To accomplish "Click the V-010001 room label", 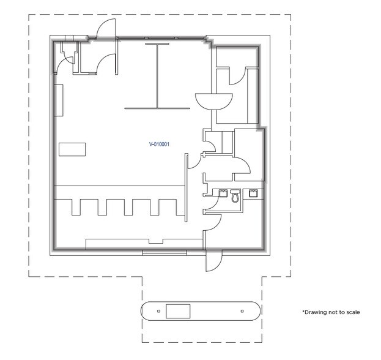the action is tap(159, 144).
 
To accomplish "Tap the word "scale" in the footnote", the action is tap(353, 312).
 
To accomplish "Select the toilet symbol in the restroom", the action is tap(235, 196).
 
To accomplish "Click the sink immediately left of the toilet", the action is tap(223, 193).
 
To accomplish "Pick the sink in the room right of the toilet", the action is tap(253, 193).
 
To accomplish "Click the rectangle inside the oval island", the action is tap(178, 311).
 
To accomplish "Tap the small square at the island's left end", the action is tap(158, 311).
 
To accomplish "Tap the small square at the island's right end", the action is tap(242, 311).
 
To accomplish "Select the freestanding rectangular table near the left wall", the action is tap(72, 149).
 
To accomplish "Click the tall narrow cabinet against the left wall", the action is tap(59, 100).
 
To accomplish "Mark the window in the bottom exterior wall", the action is tap(165, 253).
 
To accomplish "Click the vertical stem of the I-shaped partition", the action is tap(157, 76).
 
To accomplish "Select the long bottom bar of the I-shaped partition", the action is tap(157, 108).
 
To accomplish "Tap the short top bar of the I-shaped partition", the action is tap(157, 44).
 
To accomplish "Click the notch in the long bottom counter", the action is tap(156, 241).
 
